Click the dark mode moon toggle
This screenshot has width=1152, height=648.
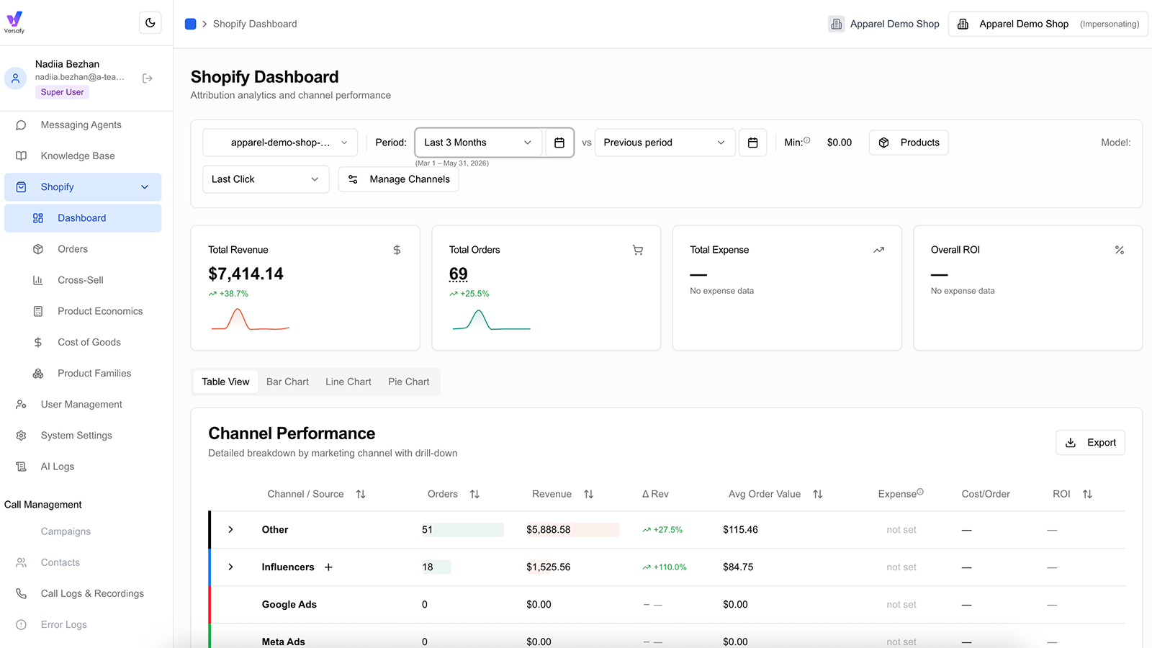[x=150, y=22]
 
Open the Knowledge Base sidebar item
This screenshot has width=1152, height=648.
[x=78, y=156]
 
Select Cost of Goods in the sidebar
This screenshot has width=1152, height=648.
[x=89, y=342]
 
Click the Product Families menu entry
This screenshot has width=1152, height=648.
[x=94, y=374]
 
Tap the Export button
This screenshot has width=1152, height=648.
[x=1090, y=442]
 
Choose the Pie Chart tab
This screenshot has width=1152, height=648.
[x=408, y=382]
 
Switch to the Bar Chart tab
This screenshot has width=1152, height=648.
[x=287, y=382]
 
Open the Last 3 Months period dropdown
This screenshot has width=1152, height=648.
[x=478, y=143]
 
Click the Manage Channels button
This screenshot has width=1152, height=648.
[x=399, y=179]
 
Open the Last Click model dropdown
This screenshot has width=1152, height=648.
[x=266, y=179]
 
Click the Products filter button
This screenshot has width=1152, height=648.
[x=909, y=143]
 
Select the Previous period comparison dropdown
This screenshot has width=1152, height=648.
[x=665, y=143]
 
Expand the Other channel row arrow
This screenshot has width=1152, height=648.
[x=231, y=530]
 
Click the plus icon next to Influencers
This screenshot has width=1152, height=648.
[x=328, y=567]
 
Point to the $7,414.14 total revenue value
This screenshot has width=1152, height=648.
[x=246, y=274]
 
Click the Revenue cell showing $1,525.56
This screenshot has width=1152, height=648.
[x=548, y=567]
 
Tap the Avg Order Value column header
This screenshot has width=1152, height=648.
[x=765, y=494]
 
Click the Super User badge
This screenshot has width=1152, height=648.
[x=62, y=92]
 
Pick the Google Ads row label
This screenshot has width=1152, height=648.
[x=289, y=604]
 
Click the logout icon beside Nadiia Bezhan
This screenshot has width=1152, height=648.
[x=148, y=78]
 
